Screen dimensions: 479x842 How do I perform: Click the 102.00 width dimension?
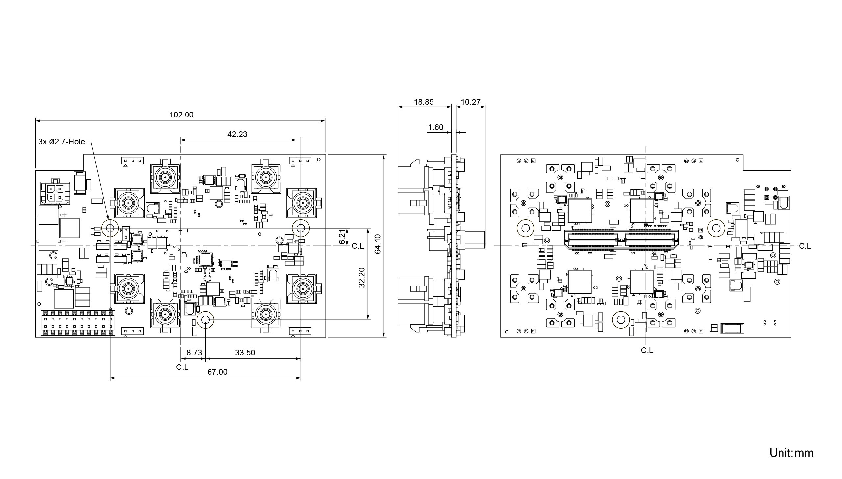(181, 115)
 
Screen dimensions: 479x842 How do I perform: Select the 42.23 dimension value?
(237, 134)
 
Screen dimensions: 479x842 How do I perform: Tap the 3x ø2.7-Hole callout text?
(62, 142)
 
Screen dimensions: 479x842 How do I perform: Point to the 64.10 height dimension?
(378, 244)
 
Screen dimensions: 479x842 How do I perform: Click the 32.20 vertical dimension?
(362, 278)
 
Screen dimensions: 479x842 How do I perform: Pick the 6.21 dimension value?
(342, 237)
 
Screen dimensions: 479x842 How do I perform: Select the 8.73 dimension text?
(194, 353)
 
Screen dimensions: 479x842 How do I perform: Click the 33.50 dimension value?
(245, 353)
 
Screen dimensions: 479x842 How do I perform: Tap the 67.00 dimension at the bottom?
(217, 372)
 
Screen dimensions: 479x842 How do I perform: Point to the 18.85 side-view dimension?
(424, 102)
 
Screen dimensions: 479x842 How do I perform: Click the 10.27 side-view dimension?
(471, 102)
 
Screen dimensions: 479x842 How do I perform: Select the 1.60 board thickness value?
(436, 127)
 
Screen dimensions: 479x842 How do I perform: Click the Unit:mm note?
(792, 453)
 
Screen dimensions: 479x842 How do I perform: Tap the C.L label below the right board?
(647, 350)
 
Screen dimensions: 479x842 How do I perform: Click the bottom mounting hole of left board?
(206, 320)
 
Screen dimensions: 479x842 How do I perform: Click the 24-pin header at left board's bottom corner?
(78, 323)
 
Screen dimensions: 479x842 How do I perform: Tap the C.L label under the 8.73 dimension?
(182, 367)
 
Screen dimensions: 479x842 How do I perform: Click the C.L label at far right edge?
(805, 246)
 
